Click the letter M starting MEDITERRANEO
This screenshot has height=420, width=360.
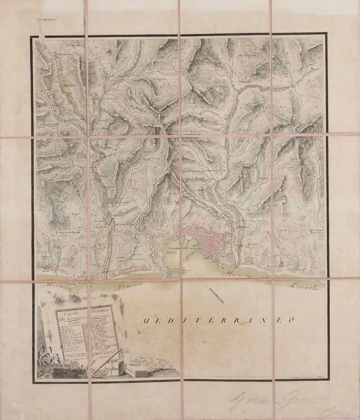pyautogui.click(x=145, y=321)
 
